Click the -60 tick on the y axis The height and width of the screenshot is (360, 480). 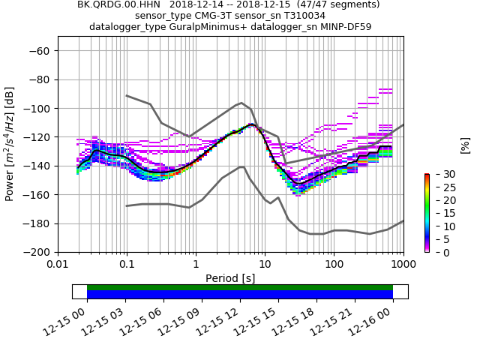[x=42, y=50]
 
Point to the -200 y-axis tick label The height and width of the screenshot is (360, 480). [x=42, y=252]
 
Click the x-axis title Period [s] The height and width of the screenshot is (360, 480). [x=230, y=278]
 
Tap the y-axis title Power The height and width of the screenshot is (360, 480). [x=10, y=144]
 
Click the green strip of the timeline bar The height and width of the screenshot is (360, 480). [x=240, y=287]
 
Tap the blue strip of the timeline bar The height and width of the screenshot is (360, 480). [x=240, y=295]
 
